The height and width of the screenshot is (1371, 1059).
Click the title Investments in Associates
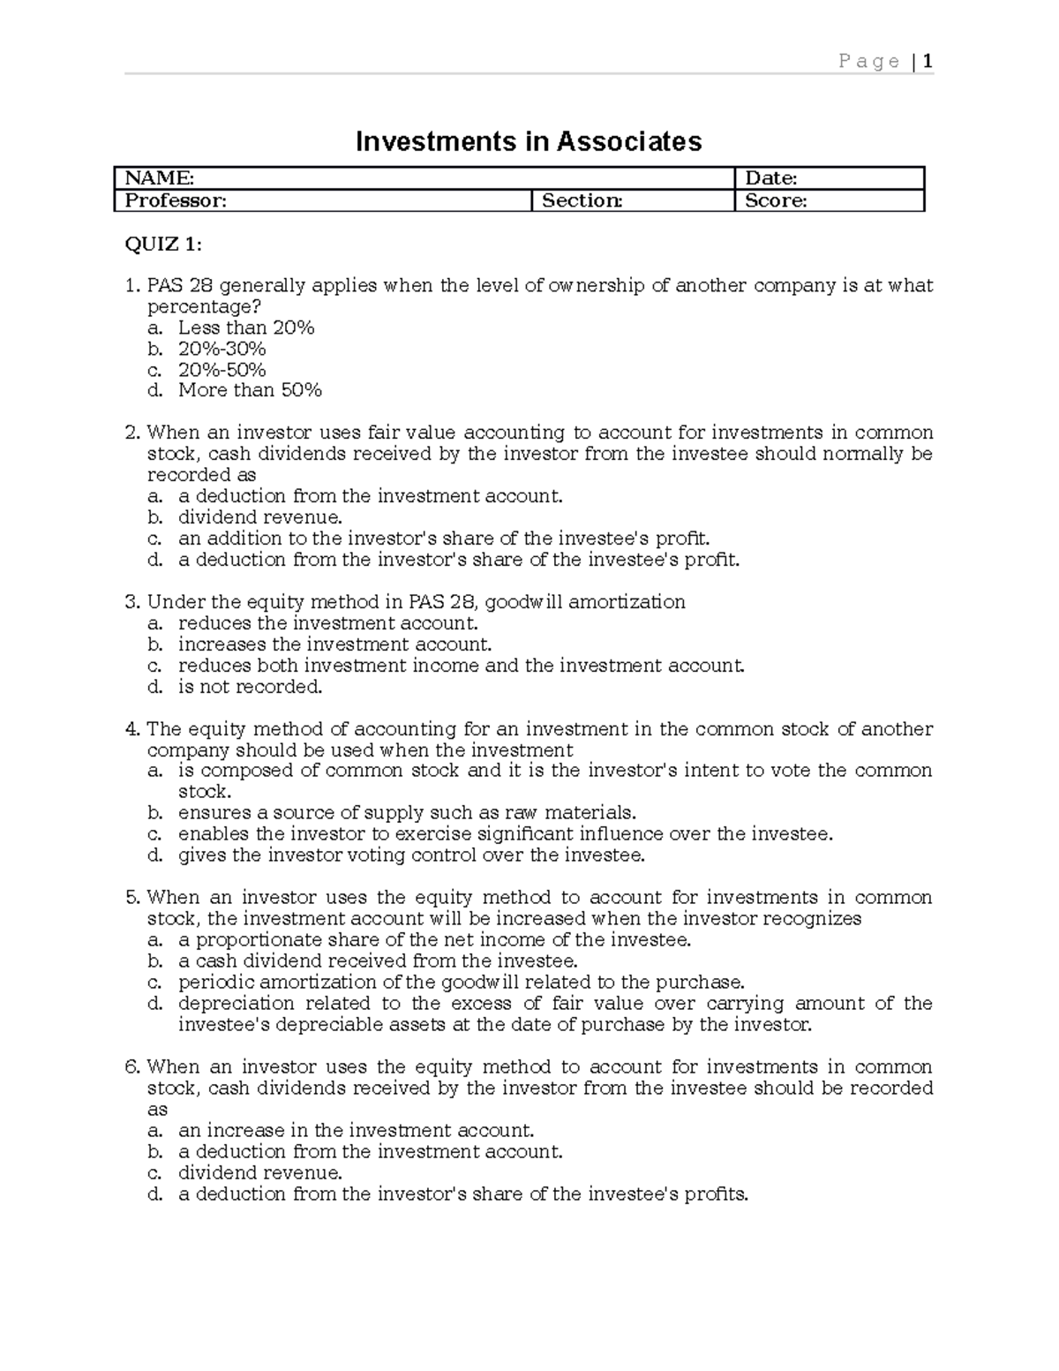(x=528, y=141)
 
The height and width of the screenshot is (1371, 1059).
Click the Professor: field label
(x=176, y=200)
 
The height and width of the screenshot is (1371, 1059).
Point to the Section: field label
(x=582, y=200)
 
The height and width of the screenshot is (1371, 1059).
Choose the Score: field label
(x=776, y=200)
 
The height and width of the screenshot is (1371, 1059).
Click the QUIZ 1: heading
(x=163, y=245)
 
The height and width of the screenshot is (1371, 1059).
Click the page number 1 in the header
(x=928, y=61)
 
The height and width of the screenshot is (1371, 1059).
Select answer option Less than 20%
(x=246, y=328)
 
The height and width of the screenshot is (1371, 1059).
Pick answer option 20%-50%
(x=222, y=370)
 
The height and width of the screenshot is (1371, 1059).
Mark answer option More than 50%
(x=250, y=390)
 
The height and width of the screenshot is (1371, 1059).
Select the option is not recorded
(x=250, y=687)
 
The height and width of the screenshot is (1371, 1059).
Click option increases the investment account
(x=334, y=644)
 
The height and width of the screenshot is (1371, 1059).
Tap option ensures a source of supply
(x=406, y=812)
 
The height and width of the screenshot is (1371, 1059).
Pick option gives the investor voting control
(x=411, y=855)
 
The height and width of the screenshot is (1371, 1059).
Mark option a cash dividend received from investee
(x=377, y=960)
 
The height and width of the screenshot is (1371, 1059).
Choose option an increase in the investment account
(x=356, y=1130)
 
